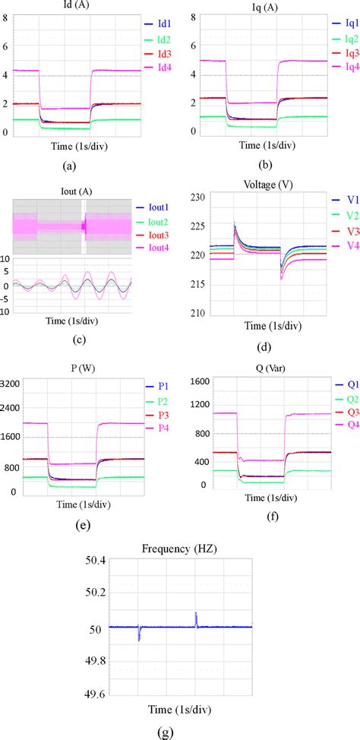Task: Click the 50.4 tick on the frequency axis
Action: tap(95, 561)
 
